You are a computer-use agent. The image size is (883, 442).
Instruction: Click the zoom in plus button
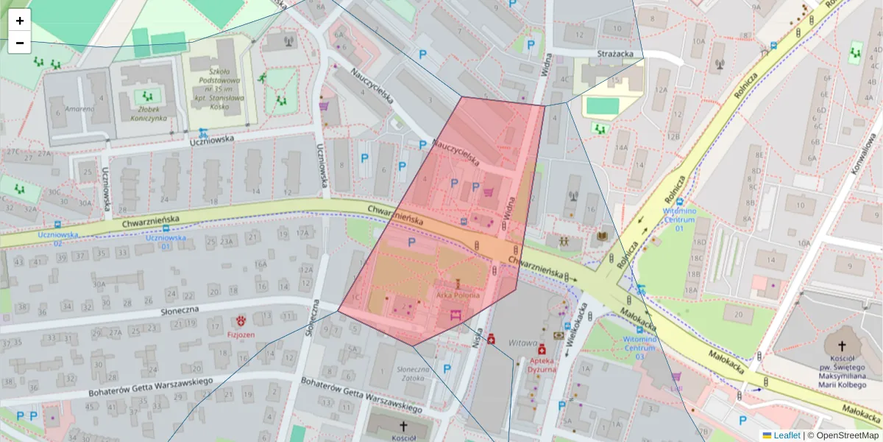click(20, 21)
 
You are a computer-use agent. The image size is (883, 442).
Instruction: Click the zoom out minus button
click(20, 43)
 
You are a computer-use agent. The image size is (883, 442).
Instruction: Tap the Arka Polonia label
click(458, 295)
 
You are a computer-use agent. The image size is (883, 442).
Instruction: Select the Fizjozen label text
click(241, 334)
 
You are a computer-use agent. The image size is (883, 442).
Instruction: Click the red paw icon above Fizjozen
click(241, 320)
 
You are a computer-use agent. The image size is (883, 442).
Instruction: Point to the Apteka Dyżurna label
click(542, 365)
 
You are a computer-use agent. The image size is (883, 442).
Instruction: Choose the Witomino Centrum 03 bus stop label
click(638, 348)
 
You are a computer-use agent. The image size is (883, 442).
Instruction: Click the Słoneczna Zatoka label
click(413, 374)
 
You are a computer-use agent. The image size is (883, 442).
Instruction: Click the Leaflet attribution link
click(787, 435)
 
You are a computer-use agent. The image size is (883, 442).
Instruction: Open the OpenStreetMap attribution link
click(846, 435)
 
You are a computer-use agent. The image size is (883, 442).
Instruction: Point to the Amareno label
click(79, 109)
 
